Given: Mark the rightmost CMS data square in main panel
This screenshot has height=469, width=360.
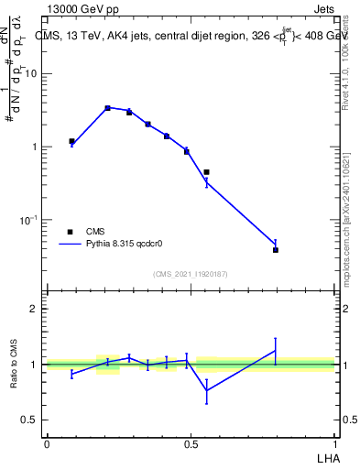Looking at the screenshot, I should click(276, 249).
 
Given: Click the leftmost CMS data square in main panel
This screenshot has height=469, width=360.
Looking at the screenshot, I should click(71, 141).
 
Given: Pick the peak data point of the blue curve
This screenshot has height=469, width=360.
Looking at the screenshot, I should click(107, 108).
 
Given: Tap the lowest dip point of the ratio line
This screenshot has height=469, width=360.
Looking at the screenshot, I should click(206, 390).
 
